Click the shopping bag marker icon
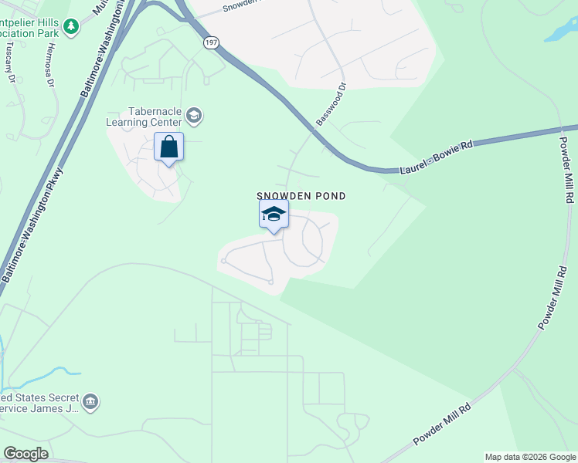[169, 147]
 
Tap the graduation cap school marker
[273, 215]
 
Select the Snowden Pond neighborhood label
[301, 197]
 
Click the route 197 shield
[210, 43]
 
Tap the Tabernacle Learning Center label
[155, 117]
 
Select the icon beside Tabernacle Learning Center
[194, 117]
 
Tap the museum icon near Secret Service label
[90, 401]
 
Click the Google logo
[25, 454]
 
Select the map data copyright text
[530, 457]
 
